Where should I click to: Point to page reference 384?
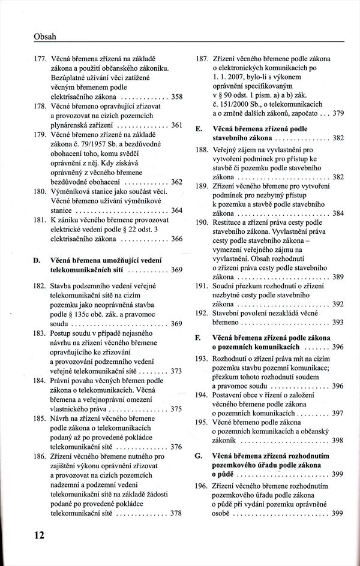(338, 213)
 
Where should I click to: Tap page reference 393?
(338, 322)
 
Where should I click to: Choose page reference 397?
(338, 413)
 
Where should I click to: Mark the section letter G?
(198, 457)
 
